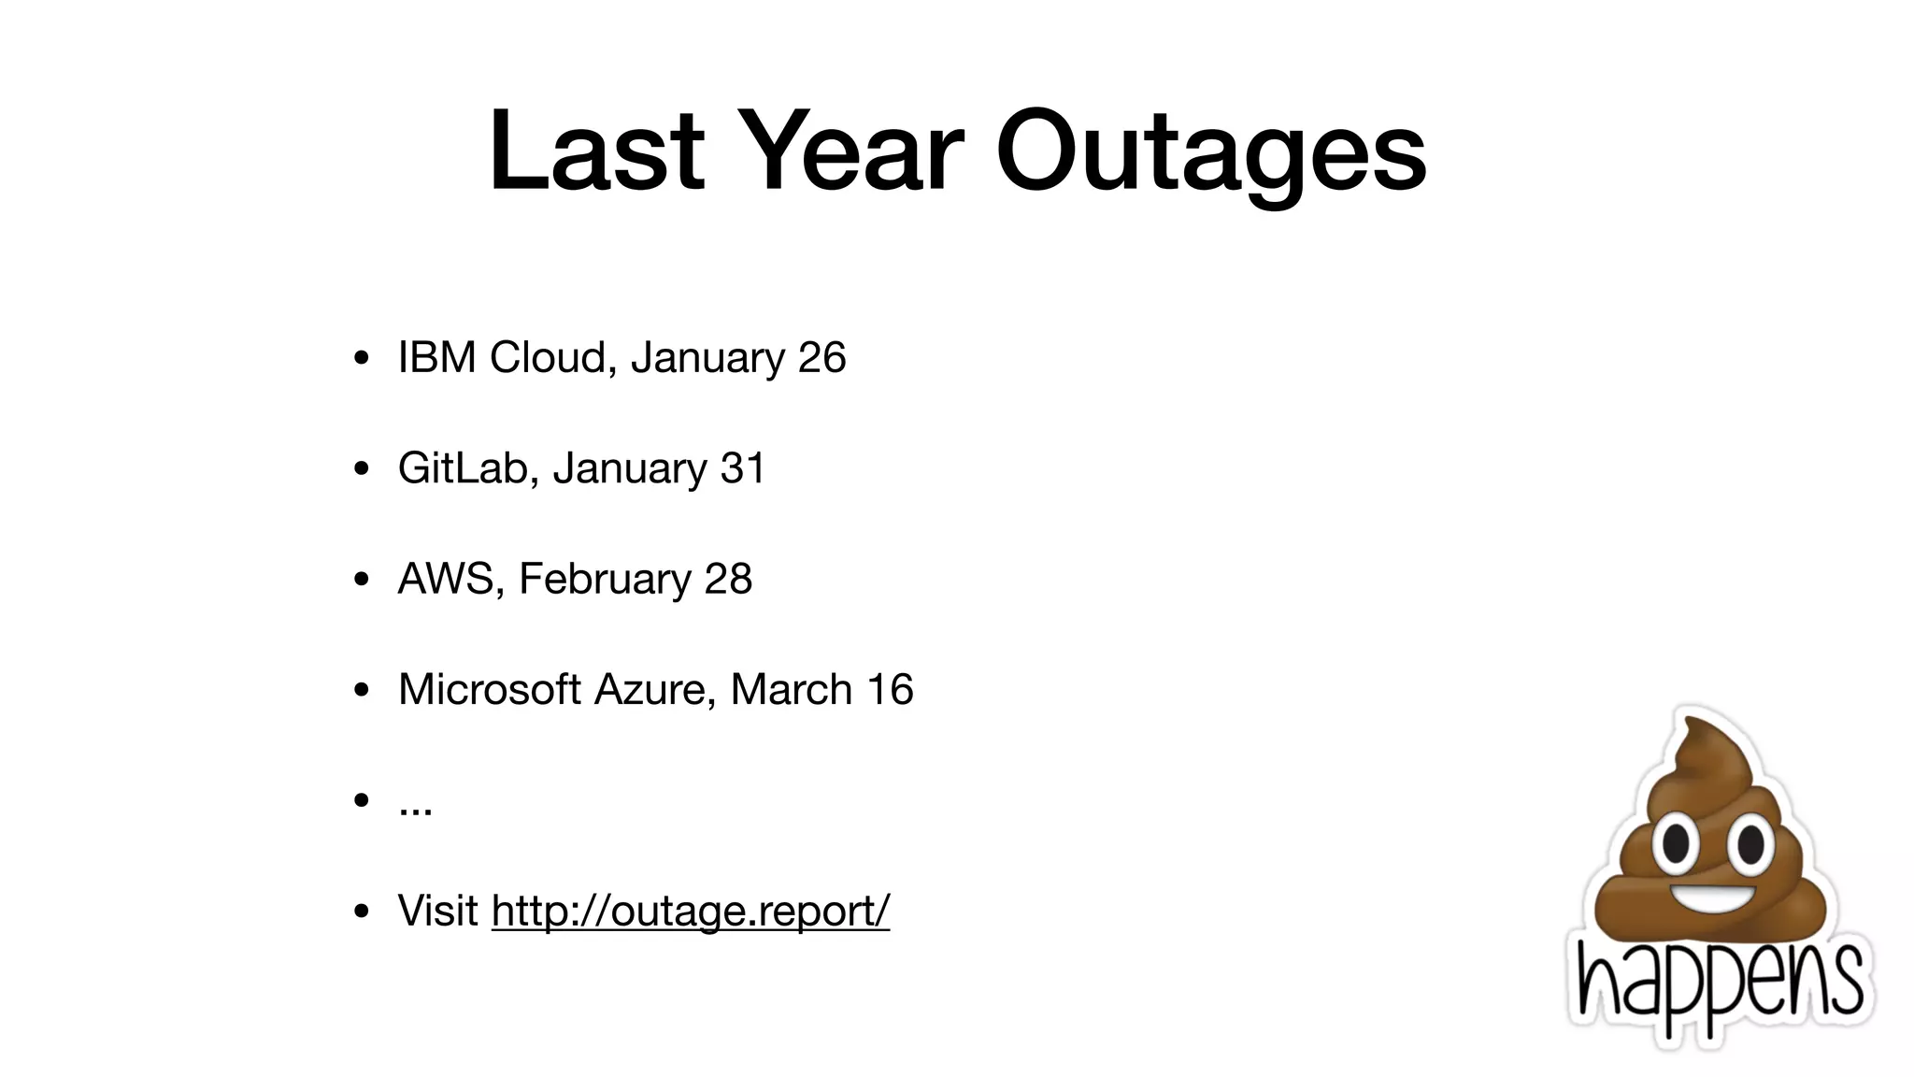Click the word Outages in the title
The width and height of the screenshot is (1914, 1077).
click(x=1210, y=152)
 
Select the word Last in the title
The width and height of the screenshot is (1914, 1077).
click(x=596, y=152)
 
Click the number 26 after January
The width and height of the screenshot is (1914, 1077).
click(x=821, y=357)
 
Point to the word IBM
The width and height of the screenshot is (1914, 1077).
click(x=436, y=357)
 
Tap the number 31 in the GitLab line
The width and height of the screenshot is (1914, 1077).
click(x=743, y=467)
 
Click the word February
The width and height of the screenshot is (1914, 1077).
click(x=604, y=579)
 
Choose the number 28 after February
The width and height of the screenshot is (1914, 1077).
click(x=728, y=579)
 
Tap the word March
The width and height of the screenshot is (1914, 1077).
click(x=791, y=689)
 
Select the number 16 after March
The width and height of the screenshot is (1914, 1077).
click(x=890, y=689)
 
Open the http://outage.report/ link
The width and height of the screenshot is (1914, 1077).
click(x=691, y=911)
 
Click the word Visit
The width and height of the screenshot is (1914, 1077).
click(x=437, y=911)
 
